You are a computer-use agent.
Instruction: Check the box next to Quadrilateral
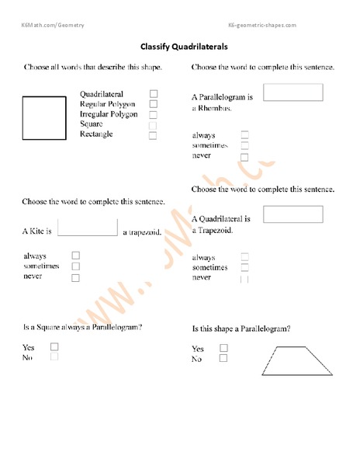coord(154,94)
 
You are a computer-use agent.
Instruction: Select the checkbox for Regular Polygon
coord(154,104)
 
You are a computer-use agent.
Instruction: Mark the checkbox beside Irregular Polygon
coord(154,114)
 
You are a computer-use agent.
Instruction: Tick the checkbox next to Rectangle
coord(153,135)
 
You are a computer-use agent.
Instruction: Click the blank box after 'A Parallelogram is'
coord(293,92)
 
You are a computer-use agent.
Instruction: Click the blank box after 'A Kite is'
coord(88,226)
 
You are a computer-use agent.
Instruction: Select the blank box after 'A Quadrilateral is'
coord(293,214)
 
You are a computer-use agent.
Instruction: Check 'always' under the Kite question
coord(75,255)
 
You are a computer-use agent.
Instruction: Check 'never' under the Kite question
coord(75,277)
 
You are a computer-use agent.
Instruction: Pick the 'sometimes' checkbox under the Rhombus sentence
coord(245,145)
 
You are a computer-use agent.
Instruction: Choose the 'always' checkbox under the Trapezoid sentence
coord(245,256)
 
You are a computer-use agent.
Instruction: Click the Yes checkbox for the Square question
coord(54,347)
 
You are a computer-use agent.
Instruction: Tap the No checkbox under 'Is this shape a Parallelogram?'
coord(223,359)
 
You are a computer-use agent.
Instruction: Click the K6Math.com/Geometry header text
coord(53,26)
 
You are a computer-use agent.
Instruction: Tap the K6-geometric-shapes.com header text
coord(262,26)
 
